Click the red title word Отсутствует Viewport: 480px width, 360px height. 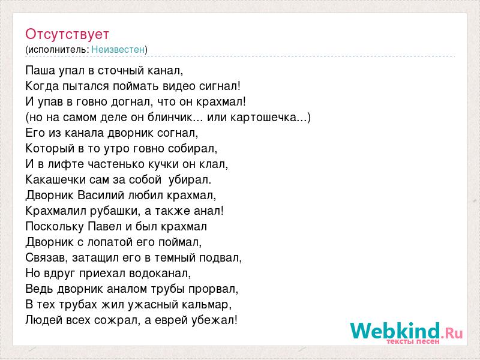point(67,34)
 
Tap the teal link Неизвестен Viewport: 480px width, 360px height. point(118,49)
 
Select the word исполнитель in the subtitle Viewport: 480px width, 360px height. point(58,50)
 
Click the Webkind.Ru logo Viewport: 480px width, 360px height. point(406,332)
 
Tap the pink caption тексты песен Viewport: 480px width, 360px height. point(413,341)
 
